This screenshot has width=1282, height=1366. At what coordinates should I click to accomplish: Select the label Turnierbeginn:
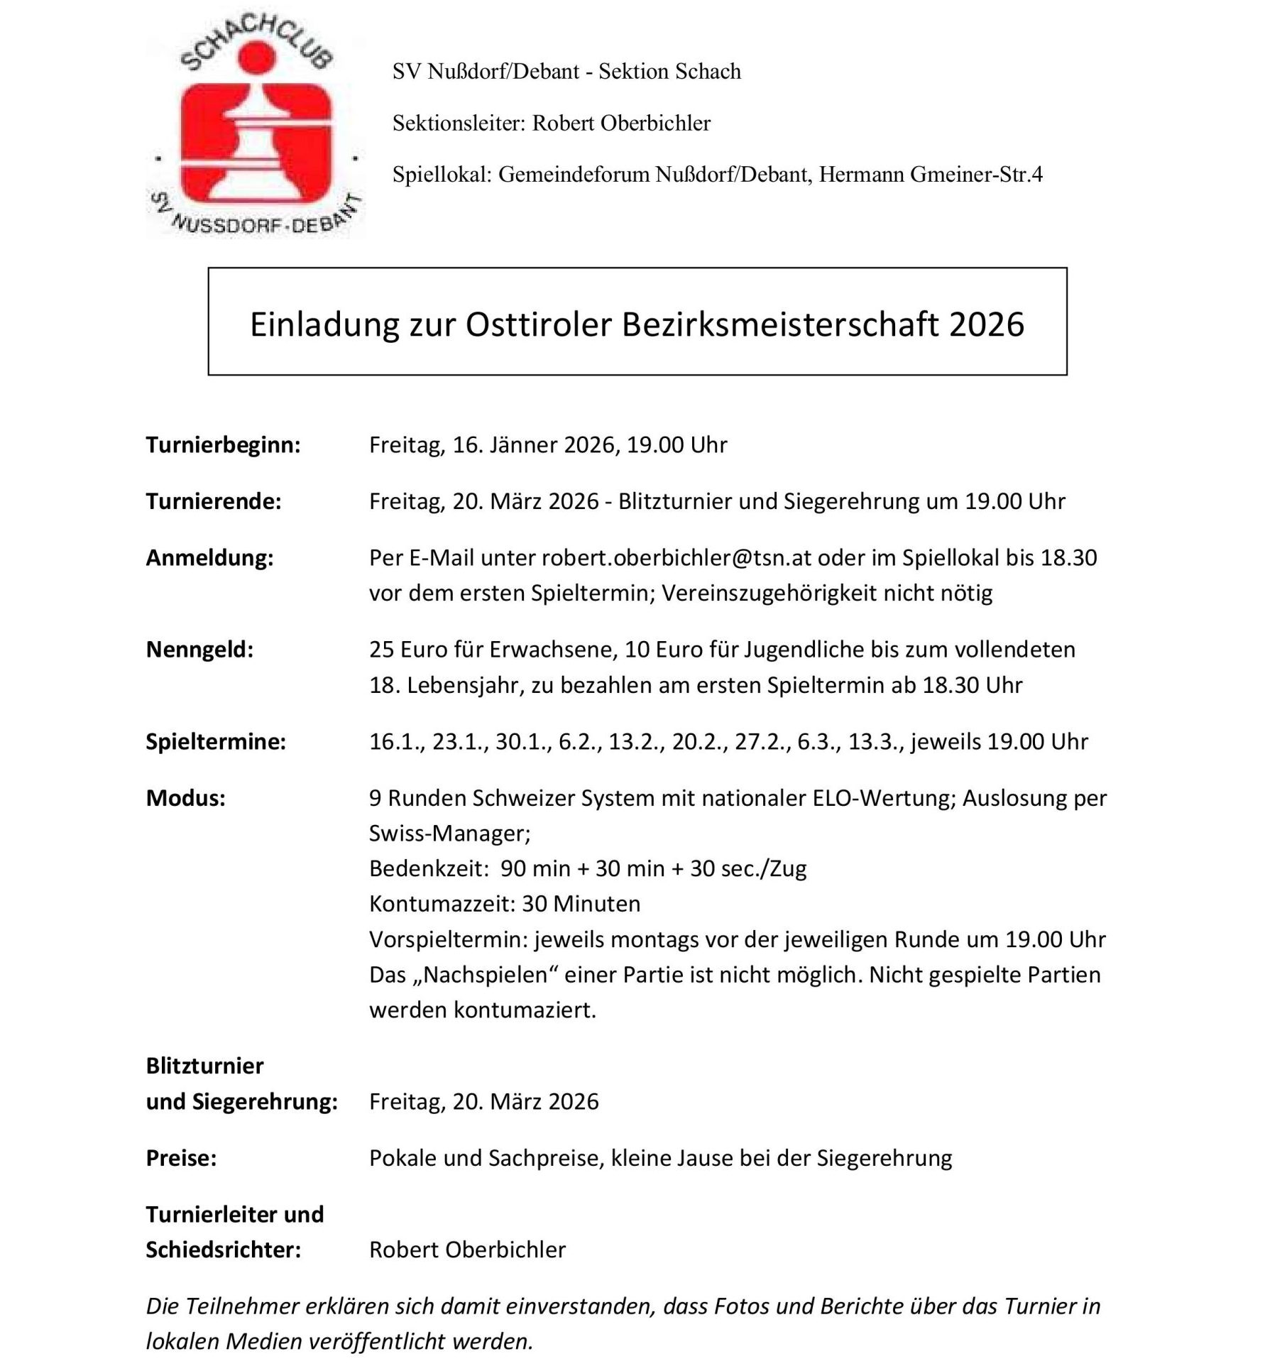(223, 445)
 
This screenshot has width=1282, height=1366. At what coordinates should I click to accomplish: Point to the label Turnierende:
(214, 502)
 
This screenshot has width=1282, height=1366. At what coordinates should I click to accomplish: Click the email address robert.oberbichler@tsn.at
(676, 558)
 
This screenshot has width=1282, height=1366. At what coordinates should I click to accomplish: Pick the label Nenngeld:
(199, 650)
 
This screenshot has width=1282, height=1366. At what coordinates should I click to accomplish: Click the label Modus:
(185, 799)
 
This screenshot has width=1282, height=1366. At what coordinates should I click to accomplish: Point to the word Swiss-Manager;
(449, 834)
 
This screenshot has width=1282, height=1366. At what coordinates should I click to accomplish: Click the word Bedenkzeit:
(429, 869)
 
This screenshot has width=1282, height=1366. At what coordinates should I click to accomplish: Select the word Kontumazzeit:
(442, 904)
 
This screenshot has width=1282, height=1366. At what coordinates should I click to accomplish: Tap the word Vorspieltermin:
(449, 939)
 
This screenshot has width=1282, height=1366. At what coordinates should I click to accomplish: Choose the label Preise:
(181, 1159)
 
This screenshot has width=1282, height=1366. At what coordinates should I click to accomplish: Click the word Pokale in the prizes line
(403, 1159)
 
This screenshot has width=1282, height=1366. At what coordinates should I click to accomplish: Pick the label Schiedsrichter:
(223, 1250)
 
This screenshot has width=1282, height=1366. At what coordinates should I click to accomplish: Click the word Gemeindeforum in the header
(574, 175)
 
